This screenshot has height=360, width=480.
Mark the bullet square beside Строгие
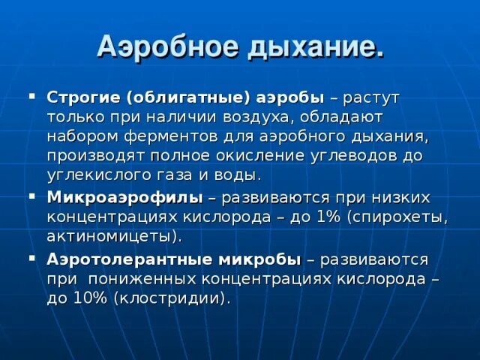pos(31,97)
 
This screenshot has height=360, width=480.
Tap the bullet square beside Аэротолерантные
pos(31,259)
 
